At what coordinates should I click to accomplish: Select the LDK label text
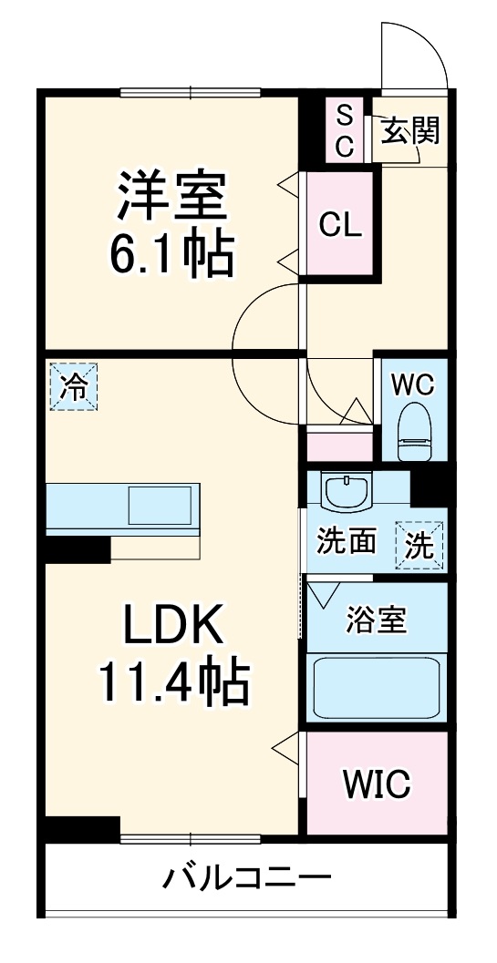[173, 627]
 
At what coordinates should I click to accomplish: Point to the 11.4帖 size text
[173, 683]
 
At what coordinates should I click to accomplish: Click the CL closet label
[340, 225]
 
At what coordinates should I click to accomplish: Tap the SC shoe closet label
[345, 131]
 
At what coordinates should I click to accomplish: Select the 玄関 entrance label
[409, 131]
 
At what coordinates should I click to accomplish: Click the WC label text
[413, 384]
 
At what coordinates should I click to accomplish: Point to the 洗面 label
[346, 542]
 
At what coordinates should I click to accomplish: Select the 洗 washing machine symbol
[419, 546]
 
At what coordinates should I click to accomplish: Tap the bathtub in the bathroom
[376, 688]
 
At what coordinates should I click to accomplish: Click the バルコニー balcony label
[246, 880]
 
